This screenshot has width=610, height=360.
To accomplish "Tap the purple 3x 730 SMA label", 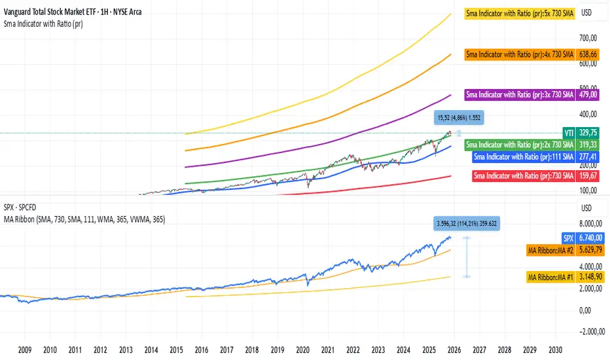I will point(519,95).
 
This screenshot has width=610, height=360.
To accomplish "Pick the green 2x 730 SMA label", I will point(519,144).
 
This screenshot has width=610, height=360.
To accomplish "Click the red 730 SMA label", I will point(522,175).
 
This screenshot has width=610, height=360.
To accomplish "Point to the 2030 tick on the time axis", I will point(555,350).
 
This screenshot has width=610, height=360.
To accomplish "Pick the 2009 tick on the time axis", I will point(26,350).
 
